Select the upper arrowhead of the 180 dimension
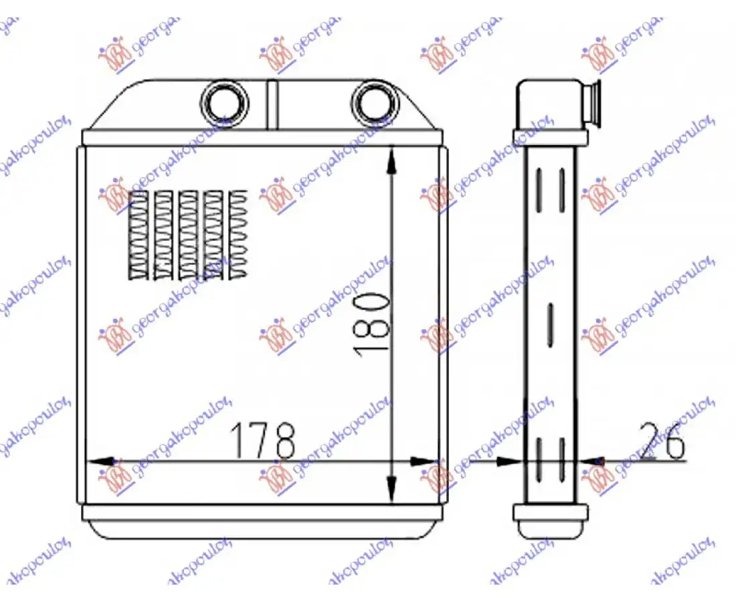[391, 161]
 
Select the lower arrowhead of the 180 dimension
[391, 488]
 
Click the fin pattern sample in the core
[187, 235]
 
